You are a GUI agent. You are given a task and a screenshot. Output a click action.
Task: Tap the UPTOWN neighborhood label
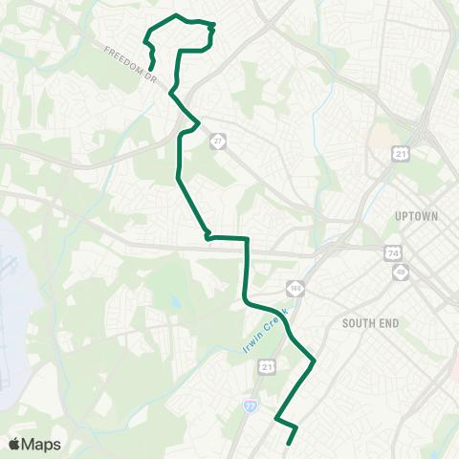point(416,216)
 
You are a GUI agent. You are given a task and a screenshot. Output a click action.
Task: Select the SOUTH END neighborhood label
point(369,323)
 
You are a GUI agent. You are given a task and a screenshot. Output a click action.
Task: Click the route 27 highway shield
point(219,141)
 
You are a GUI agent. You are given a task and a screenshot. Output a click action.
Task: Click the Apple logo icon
point(15,444)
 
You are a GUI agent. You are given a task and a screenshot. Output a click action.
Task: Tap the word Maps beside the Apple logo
point(41,444)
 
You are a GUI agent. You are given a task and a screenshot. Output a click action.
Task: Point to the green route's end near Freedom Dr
point(153,67)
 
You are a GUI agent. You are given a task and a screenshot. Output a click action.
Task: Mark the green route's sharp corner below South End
point(315,361)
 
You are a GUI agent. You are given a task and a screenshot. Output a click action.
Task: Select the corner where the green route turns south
point(247,238)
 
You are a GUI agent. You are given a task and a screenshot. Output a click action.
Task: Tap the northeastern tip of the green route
point(212,26)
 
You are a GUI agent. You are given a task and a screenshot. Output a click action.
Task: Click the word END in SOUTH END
point(386,323)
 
